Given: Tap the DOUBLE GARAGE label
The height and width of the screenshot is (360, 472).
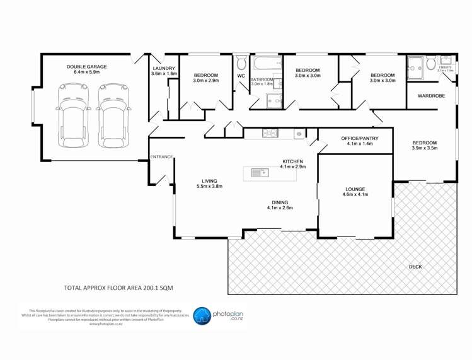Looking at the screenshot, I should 87,67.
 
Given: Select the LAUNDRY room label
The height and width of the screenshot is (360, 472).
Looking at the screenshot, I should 164,68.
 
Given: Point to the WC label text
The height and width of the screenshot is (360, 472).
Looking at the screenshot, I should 241,76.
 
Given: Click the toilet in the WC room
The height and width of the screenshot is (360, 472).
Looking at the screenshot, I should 241,63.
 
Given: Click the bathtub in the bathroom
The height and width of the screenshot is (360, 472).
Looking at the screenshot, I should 266,64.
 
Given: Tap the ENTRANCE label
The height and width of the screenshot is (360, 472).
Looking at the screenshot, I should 161,156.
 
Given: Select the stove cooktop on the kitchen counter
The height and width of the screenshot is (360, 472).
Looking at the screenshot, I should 270,133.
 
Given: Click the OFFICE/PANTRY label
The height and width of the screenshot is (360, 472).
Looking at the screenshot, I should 357,138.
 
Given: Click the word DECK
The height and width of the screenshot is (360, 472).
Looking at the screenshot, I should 415,267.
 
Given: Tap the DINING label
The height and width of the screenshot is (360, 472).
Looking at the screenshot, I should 280,202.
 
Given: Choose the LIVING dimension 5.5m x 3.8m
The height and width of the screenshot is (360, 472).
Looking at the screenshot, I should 210,186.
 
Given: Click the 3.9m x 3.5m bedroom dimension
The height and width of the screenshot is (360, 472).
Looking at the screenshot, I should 424,149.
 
